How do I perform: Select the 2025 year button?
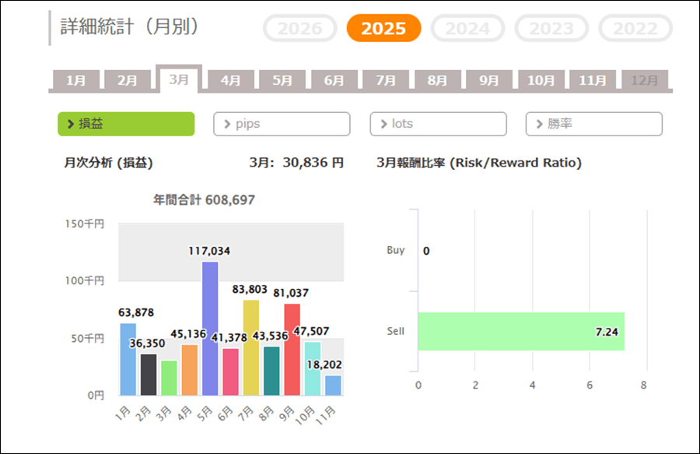(x=383, y=29)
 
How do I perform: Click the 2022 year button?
(x=635, y=29)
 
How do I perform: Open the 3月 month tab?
(x=179, y=80)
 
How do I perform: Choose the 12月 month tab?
(x=645, y=80)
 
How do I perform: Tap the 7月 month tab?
(x=386, y=80)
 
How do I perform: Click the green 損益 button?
(x=126, y=124)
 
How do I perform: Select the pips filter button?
(x=282, y=124)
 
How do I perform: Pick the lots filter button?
(x=438, y=124)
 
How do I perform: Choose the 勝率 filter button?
(x=593, y=124)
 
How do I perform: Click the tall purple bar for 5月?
(x=210, y=329)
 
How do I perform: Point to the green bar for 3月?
(x=169, y=378)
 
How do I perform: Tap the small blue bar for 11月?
(x=333, y=385)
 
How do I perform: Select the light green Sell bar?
(x=520, y=331)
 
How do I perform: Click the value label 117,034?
(x=209, y=251)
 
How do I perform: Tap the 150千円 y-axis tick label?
(x=84, y=224)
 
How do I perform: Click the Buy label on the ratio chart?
(x=396, y=251)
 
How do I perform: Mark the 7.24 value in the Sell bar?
(x=606, y=332)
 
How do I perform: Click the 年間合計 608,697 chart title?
(x=205, y=200)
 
